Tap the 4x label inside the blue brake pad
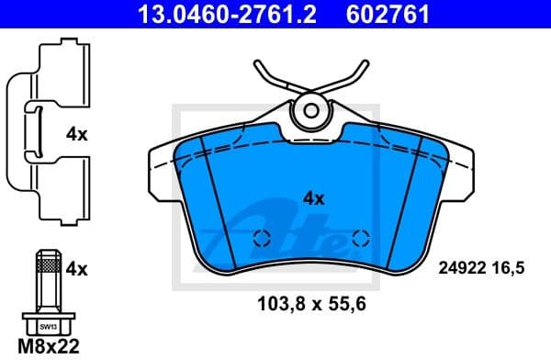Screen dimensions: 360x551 pyautogui.click(x=314, y=197)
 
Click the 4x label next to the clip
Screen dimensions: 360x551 pyautogui.click(x=77, y=134)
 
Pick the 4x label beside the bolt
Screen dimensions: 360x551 pyautogui.click(x=77, y=269)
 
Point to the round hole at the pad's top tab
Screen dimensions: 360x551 pyautogui.click(x=311, y=111)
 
